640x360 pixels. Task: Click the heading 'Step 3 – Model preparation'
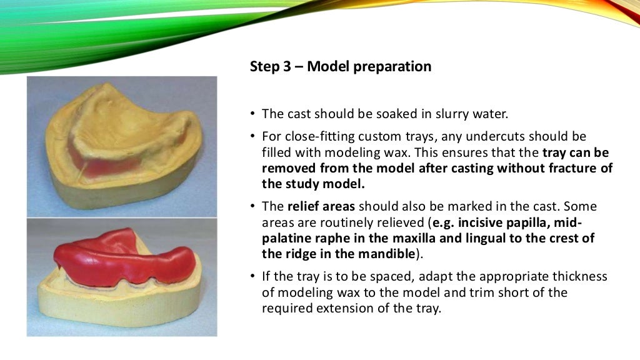pyautogui.click(x=340, y=66)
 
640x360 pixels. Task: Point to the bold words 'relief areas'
pyautogui.click(x=319, y=206)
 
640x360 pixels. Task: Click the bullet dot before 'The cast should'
pyautogui.click(x=252, y=114)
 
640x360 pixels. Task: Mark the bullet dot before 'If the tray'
pyautogui.click(x=252, y=277)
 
